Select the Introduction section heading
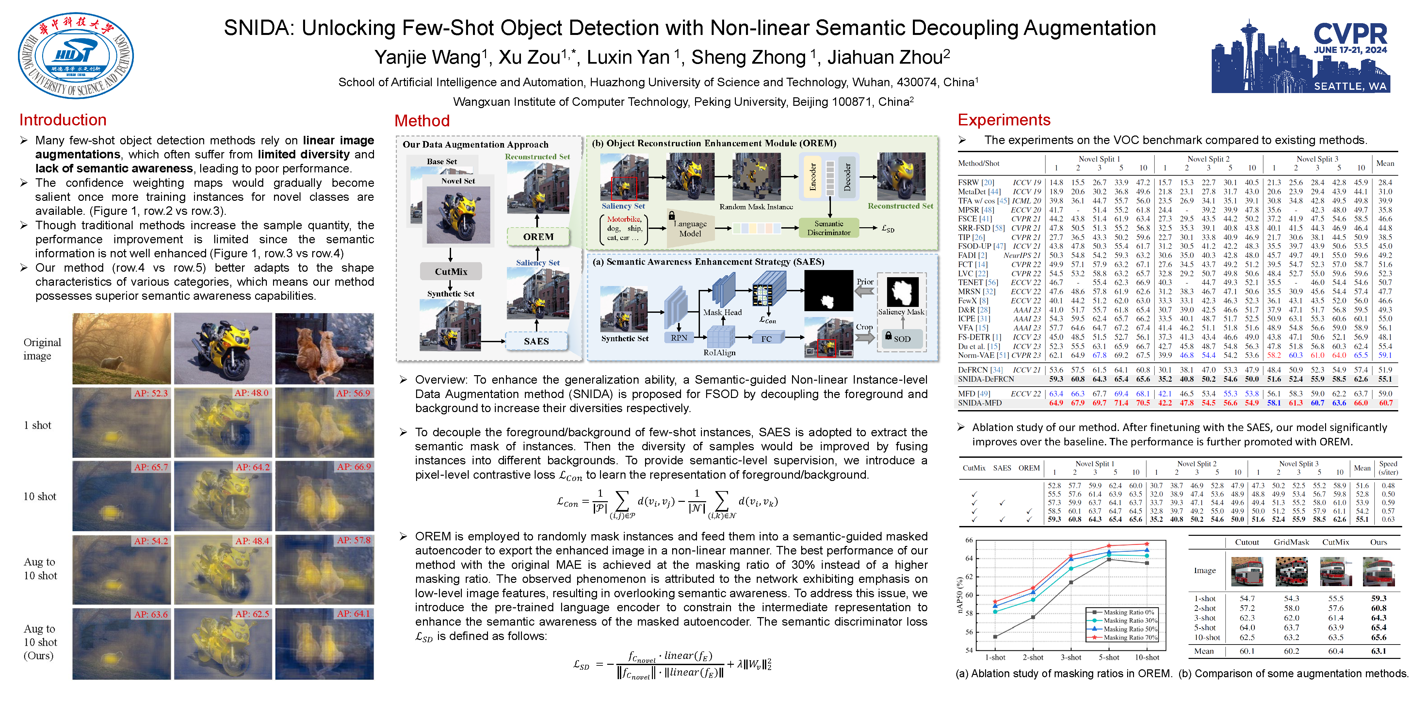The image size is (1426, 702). click(63, 120)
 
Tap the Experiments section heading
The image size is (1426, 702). click(1004, 120)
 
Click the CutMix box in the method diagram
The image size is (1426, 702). click(451, 272)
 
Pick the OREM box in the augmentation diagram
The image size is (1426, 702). click(538, 237)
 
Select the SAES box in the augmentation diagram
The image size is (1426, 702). click(536, 341)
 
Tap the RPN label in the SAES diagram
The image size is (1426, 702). click(679, 337)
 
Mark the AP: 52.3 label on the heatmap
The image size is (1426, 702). click(151, 393)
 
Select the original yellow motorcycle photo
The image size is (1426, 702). click(223, 348)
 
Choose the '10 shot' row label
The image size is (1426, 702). click(40, 496)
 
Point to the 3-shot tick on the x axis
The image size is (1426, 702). click(1071, 657)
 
